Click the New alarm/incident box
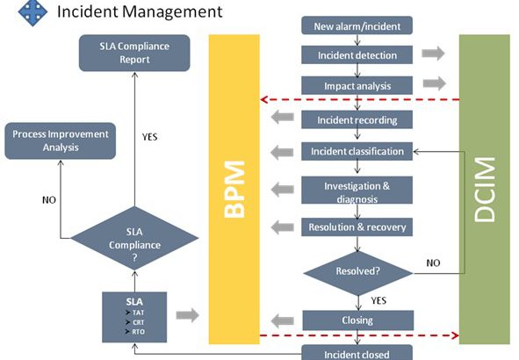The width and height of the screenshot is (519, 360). click(357, 25)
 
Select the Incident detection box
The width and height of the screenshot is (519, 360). click(357, 55)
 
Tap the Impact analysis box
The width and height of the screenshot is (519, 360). click(357, 86)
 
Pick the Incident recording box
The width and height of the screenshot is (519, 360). click(357, 119)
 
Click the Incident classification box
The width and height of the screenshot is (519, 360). click(357, 151)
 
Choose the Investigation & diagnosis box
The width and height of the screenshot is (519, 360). click(357, 191)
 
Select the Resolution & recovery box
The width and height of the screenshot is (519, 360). click(357, 227)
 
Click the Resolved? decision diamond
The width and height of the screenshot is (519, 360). click(357, 270)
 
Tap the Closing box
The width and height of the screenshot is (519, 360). click(357, 320)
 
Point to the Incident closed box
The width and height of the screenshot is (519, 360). click(357, 353)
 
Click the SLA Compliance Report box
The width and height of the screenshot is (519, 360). click(135, 52)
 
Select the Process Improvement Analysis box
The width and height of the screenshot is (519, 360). click(61, 140)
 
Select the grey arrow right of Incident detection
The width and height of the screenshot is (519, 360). click(432, 54)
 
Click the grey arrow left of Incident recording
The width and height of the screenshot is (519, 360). click(281, 119)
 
